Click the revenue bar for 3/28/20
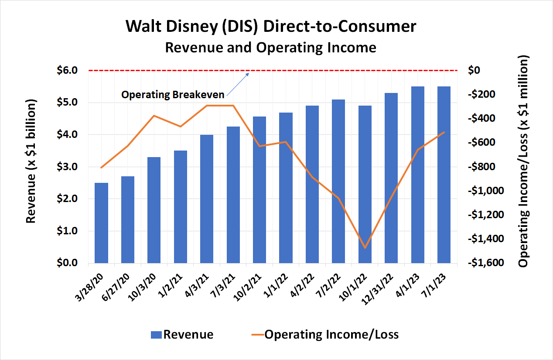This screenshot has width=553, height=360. [101, 223]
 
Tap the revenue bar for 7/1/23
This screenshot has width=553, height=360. [444, 175]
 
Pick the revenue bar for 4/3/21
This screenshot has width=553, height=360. [207, 199]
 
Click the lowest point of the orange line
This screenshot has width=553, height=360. [365, 248]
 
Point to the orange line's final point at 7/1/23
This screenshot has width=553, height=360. [444, 132]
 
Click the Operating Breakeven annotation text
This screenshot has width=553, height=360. [173, 94]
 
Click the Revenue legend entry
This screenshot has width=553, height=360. [182, 335]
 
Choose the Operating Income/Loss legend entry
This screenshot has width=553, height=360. [325, 335]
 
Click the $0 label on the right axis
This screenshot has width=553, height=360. [474, 70]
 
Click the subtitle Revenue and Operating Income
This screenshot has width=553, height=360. [270, 47]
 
